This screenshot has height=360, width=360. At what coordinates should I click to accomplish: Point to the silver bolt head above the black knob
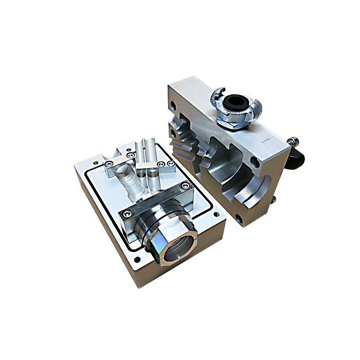coord(293,139)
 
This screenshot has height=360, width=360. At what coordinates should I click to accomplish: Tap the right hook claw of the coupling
coord(256,107)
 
